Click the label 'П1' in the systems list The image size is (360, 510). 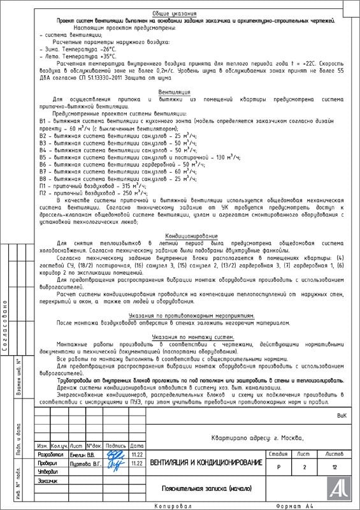[43, 186]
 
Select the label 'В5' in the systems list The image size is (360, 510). [43, 157]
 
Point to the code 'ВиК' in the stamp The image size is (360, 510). [341, 415]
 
